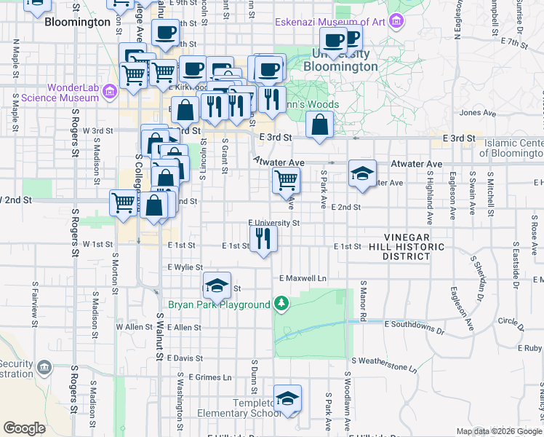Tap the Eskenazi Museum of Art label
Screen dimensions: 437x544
330,22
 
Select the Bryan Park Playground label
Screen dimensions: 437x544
219,304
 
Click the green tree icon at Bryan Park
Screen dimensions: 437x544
281,304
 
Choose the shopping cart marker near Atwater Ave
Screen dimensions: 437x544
286,180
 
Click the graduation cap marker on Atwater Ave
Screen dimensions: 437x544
361,173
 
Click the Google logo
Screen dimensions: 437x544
25,428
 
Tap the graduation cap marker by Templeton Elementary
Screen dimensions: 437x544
288,398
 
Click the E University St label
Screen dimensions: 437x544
273,223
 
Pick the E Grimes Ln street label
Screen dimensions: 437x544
209,377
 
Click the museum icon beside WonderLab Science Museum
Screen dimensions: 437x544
110,92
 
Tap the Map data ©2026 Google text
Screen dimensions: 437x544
499,431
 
